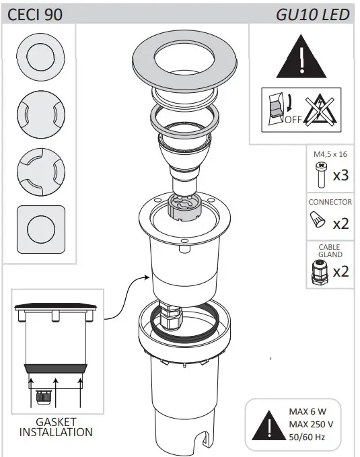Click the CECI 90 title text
(x=35, y=15)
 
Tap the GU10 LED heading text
(x=313, y=15)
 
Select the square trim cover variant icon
(x=41, y=230)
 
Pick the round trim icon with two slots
(x=41, y=114)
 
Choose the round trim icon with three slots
(x=41, y=172)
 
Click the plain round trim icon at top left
(x=41, y=57)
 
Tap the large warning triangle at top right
(x=301, y=57)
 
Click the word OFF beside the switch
(x=293, y=120)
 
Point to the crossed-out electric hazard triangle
(x=320, y=110)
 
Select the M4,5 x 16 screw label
(x=330, y=154)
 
